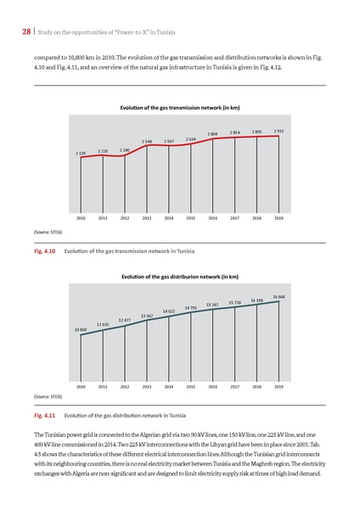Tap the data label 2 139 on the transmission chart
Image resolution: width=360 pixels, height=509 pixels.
point(81,154)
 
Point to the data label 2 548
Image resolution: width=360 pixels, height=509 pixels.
point(147,142)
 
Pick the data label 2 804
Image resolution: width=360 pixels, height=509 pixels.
point(213,134)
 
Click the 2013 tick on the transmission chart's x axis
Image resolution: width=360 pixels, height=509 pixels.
point(147,218)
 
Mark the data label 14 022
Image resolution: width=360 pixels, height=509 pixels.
point(169,311)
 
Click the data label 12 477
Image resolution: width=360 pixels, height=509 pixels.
point(125,320)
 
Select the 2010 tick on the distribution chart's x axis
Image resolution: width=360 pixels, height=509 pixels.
point(81,386)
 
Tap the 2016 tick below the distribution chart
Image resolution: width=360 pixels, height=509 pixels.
point(213,386)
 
